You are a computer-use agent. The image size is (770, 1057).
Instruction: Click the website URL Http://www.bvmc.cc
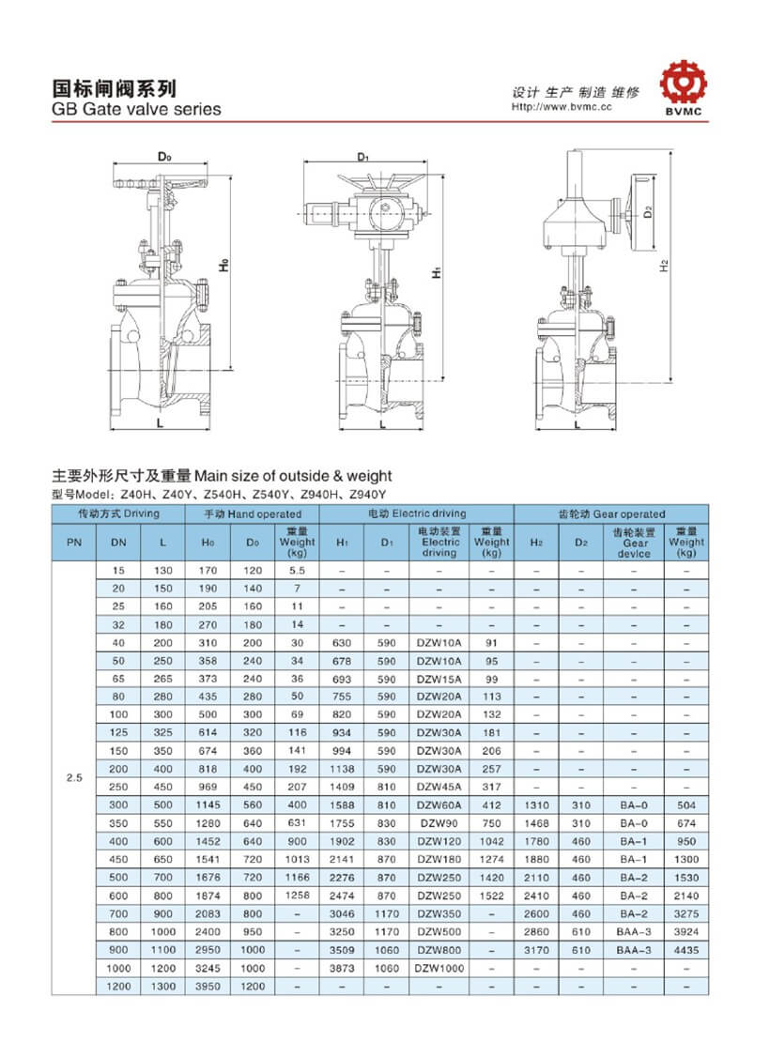[562, 107]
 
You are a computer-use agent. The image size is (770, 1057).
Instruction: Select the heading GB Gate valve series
[135, 110]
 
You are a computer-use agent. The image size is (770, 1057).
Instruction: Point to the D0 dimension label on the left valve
[163, 156]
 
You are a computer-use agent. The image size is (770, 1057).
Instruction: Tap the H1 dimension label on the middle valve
[436, 273]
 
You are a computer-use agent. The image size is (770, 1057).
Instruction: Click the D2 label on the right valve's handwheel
[649, 212]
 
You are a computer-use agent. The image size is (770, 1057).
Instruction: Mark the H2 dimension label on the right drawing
[663, 267]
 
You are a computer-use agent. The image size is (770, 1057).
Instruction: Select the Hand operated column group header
[253, 513]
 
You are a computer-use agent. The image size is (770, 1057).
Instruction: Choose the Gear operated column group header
[611, 513]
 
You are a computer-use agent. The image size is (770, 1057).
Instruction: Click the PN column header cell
[73, 542]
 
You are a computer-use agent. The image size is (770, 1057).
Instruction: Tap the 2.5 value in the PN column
[73, 777]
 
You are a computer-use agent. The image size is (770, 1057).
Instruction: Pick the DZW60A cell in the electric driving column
[439, 804]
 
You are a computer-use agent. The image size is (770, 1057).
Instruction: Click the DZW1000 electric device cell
[439, 968]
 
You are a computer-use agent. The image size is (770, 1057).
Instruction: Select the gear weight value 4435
[685, 950]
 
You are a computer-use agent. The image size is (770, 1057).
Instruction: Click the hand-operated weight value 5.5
[297, 571]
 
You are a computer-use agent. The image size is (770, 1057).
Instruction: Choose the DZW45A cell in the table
[439, 787]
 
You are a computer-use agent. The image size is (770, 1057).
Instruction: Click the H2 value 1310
[536, 804]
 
